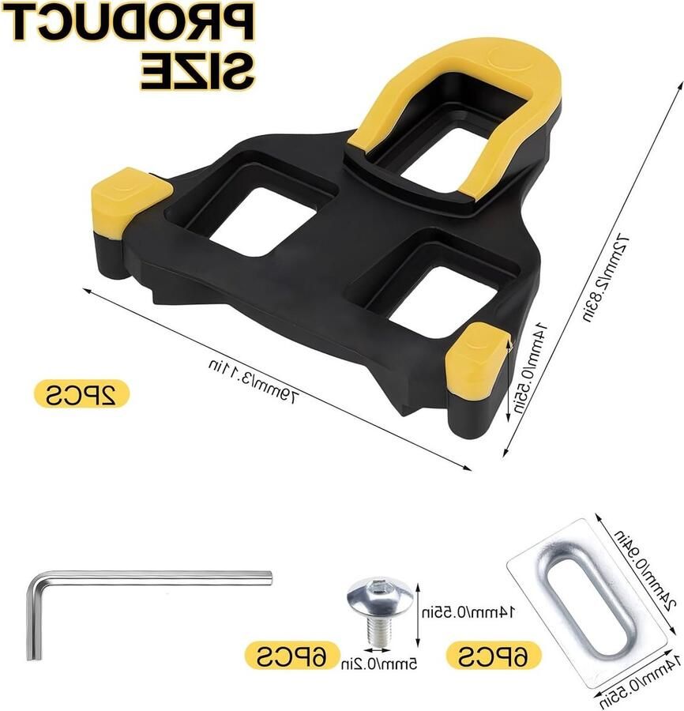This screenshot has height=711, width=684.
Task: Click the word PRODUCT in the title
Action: click(130, 22)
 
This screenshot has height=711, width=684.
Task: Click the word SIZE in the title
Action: click(196, 70)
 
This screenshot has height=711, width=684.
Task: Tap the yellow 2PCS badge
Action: click(81, 393)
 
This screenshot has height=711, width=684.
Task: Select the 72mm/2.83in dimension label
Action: click(605, 278)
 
